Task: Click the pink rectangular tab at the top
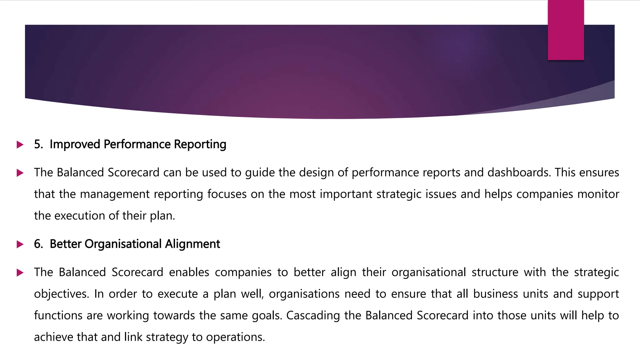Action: pos(566,30)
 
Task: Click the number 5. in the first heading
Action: pos(38,144)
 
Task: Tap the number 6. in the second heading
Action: pos(38,244)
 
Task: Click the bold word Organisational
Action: pos(123,244)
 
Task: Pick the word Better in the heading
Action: pos(65,244)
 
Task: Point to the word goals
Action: pos(267,316)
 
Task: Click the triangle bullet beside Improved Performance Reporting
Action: pos(20,145)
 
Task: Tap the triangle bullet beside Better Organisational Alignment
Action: pos(20,244)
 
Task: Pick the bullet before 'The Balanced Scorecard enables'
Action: pos(20,272)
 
